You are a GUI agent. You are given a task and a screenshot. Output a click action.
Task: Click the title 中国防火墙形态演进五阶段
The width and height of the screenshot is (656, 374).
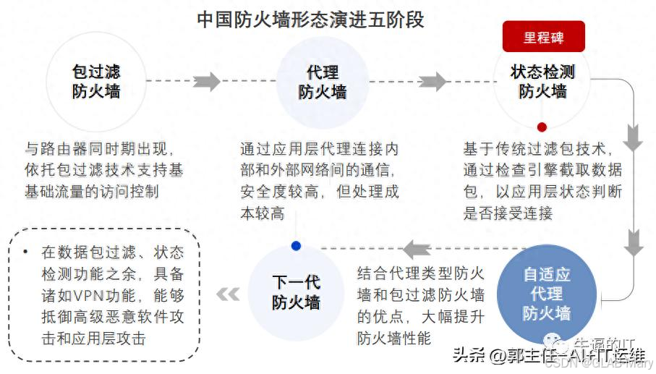(x=310, y=19)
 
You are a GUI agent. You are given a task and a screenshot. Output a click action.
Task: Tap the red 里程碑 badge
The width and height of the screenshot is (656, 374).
(x=543, y=37)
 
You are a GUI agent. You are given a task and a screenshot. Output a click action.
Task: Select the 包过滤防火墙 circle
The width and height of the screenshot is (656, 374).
(x=96, y=81)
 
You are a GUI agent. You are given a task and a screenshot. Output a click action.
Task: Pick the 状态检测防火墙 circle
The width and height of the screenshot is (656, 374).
(x=542, y=81)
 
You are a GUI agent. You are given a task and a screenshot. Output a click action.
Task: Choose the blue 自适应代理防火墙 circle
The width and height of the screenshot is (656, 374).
(x=546, y=294)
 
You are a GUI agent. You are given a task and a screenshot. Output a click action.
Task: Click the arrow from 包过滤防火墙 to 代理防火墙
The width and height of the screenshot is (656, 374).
(x=206, y=81)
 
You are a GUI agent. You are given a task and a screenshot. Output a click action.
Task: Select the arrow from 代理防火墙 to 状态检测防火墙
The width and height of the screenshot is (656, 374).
(x=433, y=81)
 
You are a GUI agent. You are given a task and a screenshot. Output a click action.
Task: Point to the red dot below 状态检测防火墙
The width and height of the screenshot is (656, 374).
(x=542, y=127)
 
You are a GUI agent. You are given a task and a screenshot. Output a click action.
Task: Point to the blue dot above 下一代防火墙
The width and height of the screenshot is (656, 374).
(x=295, y=245)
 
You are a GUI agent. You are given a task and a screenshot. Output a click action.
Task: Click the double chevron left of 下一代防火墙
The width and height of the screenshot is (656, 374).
(x=228, y=294)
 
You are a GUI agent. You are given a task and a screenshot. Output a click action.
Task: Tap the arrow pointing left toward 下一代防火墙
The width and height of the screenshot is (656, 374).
(x=417, y=249)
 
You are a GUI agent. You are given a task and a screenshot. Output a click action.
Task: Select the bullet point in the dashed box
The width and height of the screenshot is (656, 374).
(x=26, y=252)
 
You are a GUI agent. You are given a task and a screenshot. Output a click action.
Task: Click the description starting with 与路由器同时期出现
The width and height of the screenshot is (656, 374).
(x=104, y=170)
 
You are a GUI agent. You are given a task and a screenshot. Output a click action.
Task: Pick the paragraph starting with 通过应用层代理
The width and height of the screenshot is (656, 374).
(x=319, y=181)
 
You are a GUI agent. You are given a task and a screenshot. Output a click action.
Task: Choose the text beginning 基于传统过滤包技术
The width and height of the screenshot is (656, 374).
(x=542, y=181)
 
